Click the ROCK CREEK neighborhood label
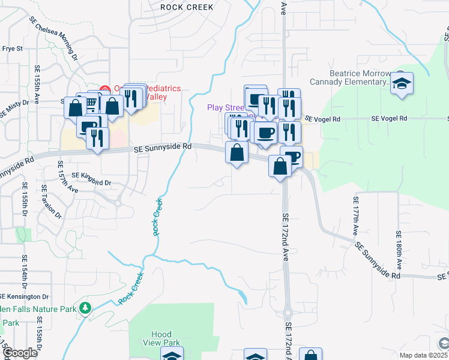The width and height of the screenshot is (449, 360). coord(187,7)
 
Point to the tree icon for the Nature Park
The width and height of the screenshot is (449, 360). coord(85,308)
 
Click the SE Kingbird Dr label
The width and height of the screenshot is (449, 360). coord(92,175)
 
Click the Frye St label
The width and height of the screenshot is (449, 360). coord(12,49)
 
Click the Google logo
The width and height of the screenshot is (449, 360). coord(19,353)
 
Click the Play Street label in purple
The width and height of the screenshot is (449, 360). coord(225,108)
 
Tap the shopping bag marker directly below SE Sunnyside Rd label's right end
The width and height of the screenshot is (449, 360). coord(237,154)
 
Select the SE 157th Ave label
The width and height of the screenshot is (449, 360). coord(66,177)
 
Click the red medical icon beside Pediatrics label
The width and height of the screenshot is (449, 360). coord(105,89)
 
